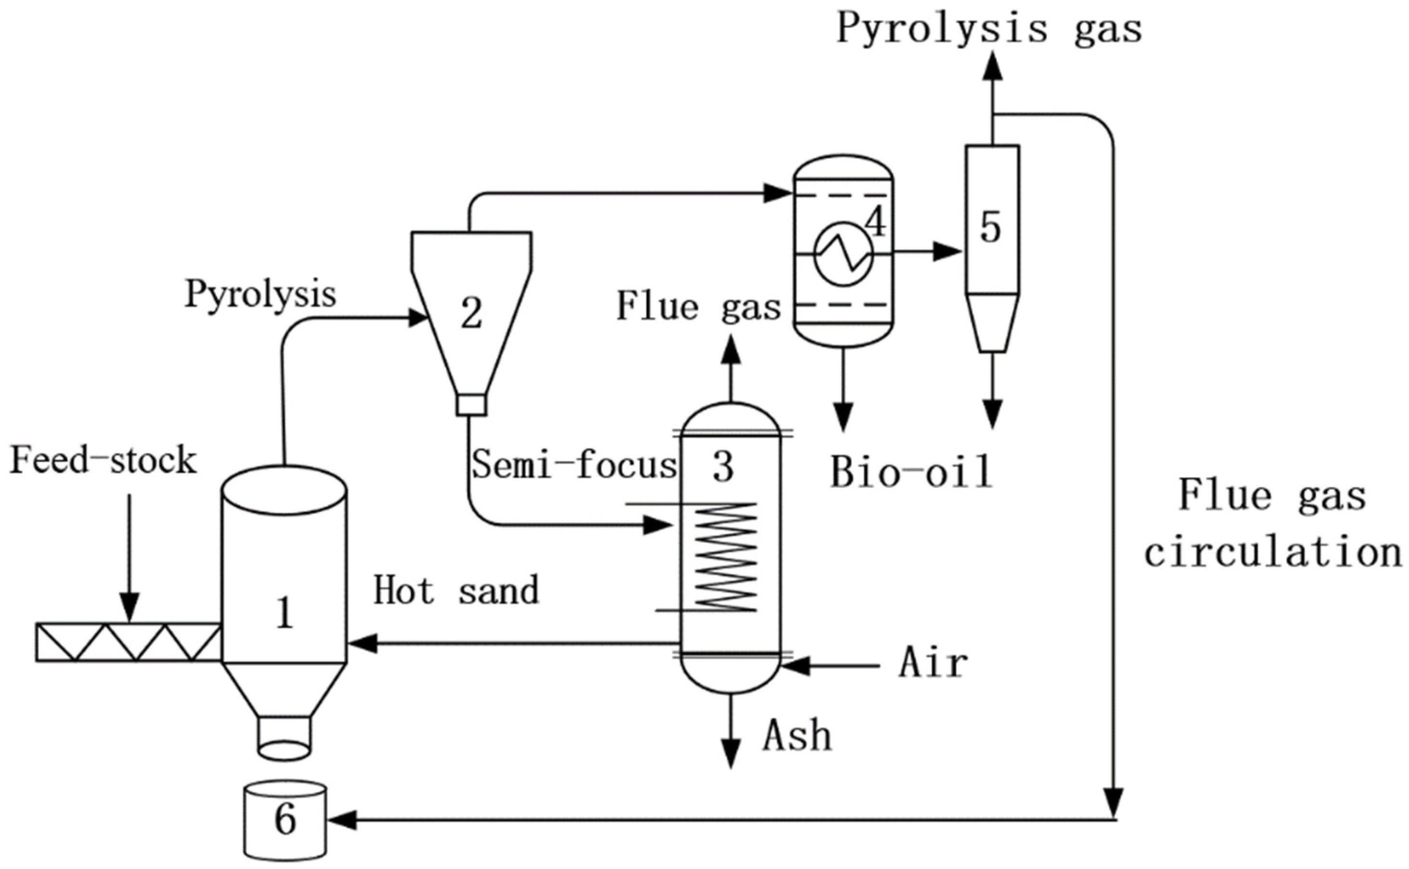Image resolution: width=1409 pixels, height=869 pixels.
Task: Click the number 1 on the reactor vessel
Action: [285, 613]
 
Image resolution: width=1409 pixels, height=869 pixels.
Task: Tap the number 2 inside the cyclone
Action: [471, 314]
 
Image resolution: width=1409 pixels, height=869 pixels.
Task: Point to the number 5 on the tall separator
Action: [990, 228]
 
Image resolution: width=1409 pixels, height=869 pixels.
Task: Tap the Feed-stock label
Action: [103, 461]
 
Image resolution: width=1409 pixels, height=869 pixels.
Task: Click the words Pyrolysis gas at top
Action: [989, 29]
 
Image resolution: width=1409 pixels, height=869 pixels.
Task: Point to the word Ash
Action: [797, 737]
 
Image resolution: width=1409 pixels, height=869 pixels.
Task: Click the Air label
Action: [932, 663]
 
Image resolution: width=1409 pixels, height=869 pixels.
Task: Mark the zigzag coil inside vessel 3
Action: [726, 557]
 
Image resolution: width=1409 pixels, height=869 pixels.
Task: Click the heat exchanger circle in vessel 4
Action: [843, 253]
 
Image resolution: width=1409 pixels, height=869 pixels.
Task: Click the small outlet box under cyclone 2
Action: [471, 405]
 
